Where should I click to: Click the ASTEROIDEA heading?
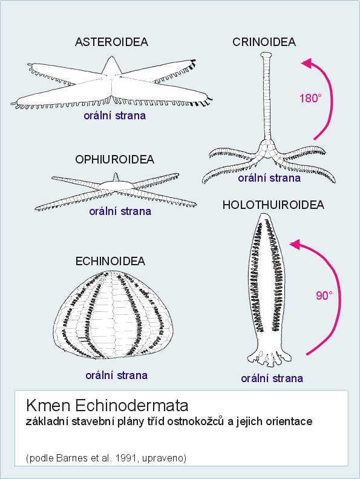(x=111, y=42)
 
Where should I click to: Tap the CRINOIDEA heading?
(x=264, y=42)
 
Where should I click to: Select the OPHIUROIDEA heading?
(x=114, y=159)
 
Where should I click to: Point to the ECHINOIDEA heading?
(x=110, y=261)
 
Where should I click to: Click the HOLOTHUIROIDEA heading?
(x=273, y=205)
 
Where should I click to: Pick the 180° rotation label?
(x=310, y=98)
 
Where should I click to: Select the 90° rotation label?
(x=324, y=296)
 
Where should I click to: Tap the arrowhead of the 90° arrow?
(x=295, y=245)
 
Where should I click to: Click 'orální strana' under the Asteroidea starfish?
(x=115, y=116)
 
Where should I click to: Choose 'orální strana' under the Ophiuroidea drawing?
(x=120, y=211)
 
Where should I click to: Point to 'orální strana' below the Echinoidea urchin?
(x=117, y=375)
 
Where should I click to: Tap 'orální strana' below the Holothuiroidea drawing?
(x=272, y=378)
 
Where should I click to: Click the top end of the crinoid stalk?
(x=266, y=55)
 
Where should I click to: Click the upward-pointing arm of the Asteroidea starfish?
(x=112, y=66)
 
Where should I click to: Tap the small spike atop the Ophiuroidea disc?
(x=116, y=177)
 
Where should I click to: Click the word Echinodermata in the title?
(x=131, y=405)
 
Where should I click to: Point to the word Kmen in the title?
(x=48, y=405)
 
